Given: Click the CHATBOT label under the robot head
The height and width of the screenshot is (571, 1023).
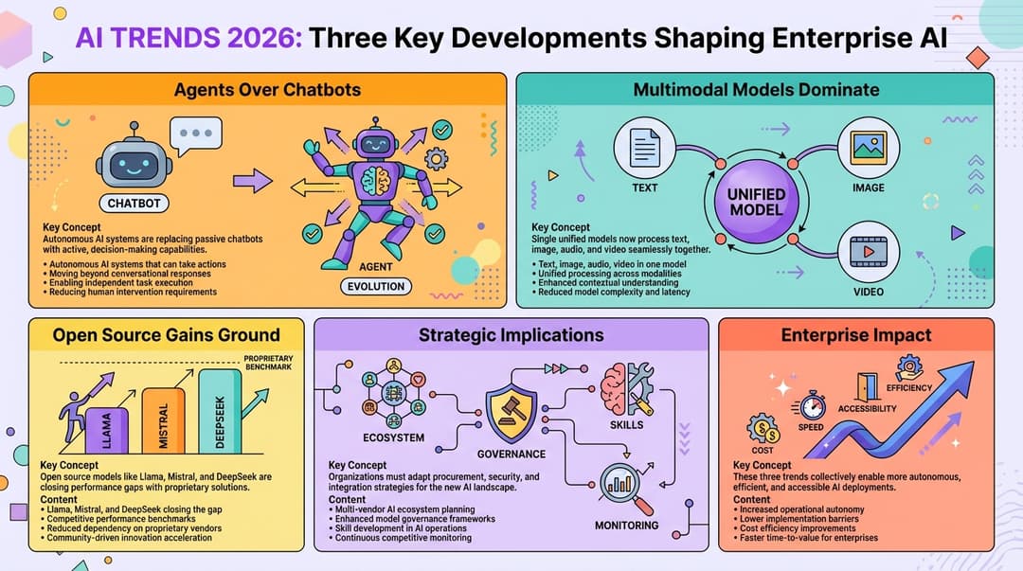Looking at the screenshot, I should click(x=134, y=203).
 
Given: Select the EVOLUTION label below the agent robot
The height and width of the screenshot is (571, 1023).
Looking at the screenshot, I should click(x=376, y=286).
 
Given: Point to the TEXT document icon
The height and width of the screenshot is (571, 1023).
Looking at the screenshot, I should click(x=645, y=147).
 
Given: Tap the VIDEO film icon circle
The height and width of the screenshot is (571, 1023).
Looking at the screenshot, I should click(x=868, y=251).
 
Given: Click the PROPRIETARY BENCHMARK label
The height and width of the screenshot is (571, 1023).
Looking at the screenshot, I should click(x=268, y=361).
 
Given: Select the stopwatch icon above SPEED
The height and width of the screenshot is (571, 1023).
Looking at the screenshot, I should click(x=811, y=404).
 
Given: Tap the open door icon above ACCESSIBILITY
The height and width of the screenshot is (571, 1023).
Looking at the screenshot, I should click(x=867, y=385).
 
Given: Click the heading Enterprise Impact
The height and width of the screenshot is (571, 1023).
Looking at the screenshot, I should click(x=855, y=334).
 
